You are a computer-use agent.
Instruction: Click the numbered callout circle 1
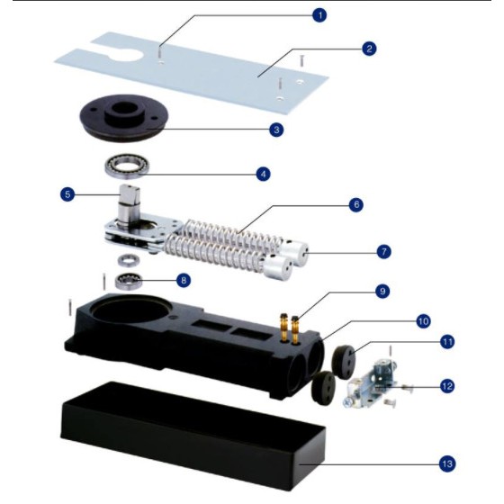[319, 15]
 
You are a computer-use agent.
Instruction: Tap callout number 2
[369, 49]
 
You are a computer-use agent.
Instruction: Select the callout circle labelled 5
[67, 194]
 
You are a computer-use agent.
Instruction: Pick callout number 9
[382, 291]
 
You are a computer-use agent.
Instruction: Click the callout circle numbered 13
[447, 463]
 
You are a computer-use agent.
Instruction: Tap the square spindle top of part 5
[130, 193]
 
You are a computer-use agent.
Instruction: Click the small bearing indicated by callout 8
[129, 281]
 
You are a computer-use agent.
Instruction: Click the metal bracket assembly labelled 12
[373, 383]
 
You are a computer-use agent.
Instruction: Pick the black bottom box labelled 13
[193, 436]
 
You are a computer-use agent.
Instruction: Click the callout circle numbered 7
[383, 252]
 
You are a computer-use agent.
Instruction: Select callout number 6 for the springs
[356, 204]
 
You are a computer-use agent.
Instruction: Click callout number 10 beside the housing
[423, 321]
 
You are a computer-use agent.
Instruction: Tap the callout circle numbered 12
[447, 386]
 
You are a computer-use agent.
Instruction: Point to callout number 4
[263, 174]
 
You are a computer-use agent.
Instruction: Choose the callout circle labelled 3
[276, 130]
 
